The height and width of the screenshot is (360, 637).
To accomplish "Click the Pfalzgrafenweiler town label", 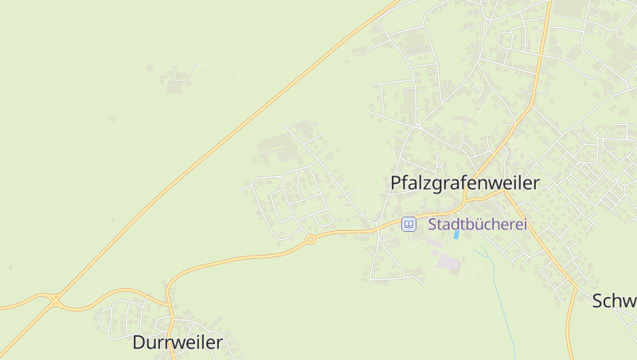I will (x=465, y=182).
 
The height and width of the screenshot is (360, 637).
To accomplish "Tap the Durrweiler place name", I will (x=178, y=343).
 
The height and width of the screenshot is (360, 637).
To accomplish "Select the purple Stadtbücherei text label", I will (x=478, y=225).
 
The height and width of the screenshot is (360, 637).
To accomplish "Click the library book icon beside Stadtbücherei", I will (x=408, y=225).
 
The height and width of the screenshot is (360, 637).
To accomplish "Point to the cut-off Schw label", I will (x=614, y=301).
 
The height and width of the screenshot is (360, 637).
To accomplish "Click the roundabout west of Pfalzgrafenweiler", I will (x=311, y=238).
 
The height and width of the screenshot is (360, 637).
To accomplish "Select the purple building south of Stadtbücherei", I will (x=448, y=261).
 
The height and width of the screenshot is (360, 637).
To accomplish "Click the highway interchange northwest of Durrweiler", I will (x=56, y=299).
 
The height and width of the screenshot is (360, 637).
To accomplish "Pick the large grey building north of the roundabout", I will (x=275, y=146).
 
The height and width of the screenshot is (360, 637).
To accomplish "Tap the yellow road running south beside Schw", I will (x=572, y=327).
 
